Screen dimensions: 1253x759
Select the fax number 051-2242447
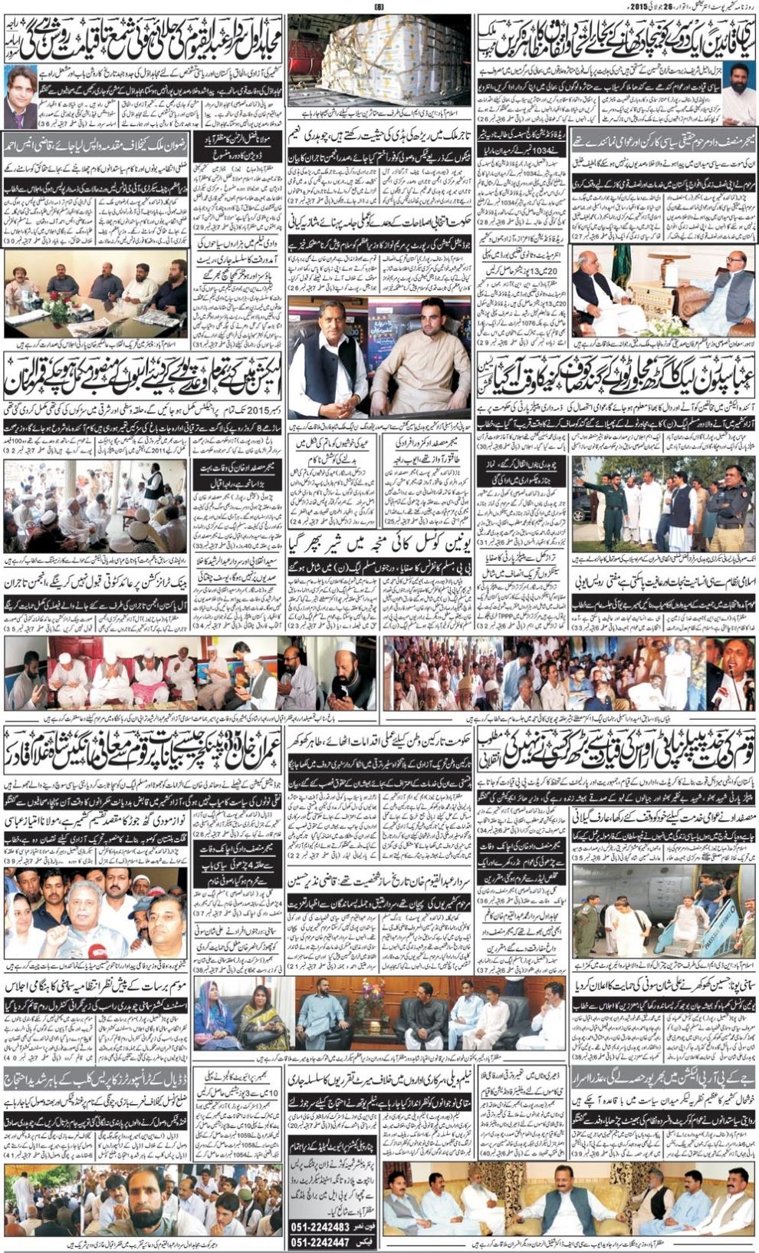coord(332,1242)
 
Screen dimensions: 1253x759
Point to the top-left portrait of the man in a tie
coord(21,96)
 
